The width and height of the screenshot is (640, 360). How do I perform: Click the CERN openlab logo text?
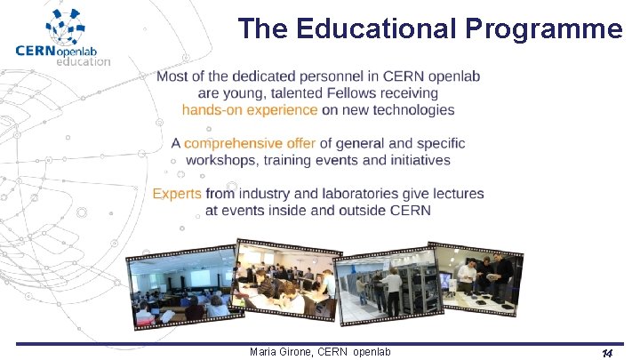pos(62,50)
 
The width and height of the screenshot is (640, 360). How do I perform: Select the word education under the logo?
pos(84,62)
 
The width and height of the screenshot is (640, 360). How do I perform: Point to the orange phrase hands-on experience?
pos(250,110)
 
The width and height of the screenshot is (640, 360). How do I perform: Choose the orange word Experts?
pos(177,194)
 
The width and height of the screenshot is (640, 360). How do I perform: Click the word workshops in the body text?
pos(223,160)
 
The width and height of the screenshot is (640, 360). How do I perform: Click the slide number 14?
pos(606,354)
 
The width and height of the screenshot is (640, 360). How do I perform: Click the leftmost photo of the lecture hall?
pos(180,289)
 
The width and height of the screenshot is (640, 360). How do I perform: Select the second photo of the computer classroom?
pos(286,280)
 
